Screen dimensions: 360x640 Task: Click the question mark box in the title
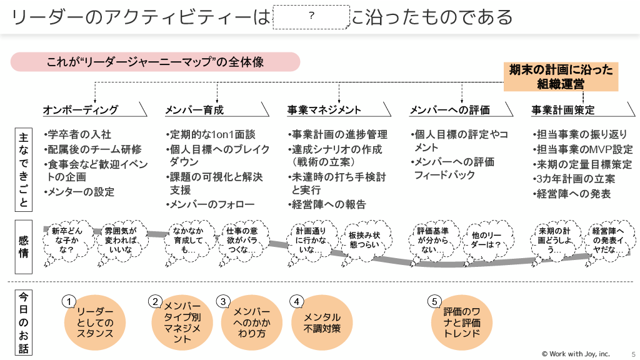tap(311, 17)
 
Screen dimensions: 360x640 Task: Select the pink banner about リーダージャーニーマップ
tap(156, 62)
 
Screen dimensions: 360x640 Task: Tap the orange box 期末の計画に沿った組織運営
tap(561, 76)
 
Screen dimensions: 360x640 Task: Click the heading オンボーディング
tap(81, 110)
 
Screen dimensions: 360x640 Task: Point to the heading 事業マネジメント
tap(324, 110)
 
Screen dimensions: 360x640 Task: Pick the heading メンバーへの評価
tap(449, 110)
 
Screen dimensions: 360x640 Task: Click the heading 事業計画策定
tap(563, 110)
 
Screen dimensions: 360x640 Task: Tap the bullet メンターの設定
tap(81, 192)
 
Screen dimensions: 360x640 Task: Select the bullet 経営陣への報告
tap(329, 204)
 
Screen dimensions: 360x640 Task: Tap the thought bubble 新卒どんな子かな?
tap(64, 240)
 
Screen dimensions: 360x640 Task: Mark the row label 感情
tap(23, 246)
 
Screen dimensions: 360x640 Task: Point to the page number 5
tap(632, 353)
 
